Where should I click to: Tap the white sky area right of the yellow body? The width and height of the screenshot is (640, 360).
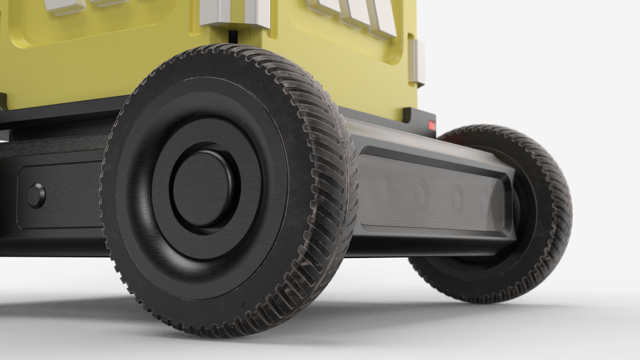pos(544,64)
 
